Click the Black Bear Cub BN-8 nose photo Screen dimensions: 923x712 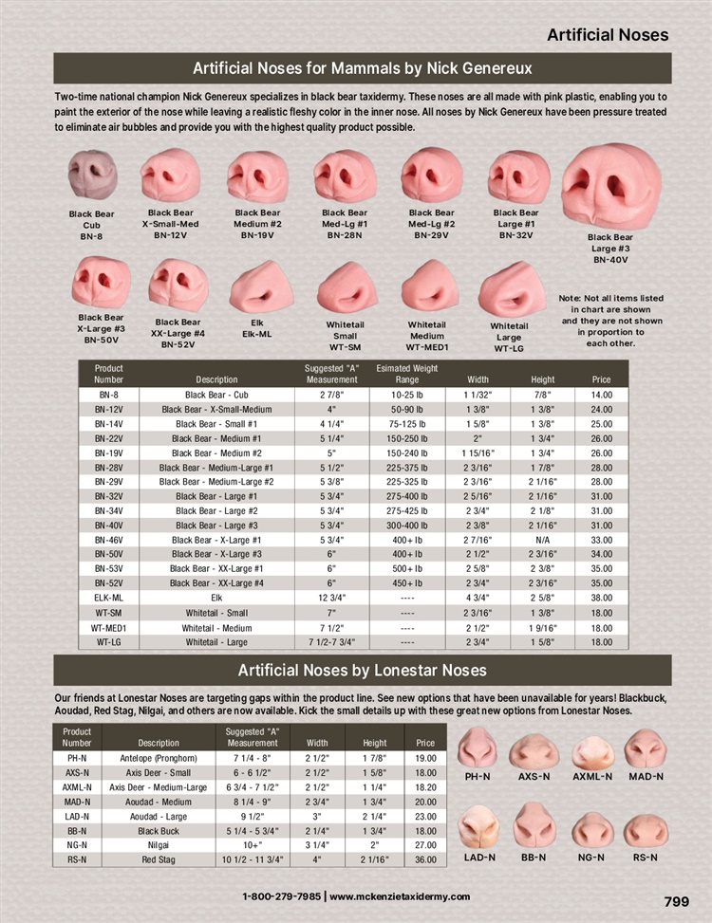(92, 174)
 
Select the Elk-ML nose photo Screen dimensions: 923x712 (257, 286)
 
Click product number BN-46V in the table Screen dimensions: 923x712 (108, 540)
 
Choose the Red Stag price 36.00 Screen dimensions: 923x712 (425, 859)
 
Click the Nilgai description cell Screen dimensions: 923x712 (159, 845)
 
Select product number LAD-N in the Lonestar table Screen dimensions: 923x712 (77, 816)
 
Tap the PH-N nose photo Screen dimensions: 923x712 (478, 749)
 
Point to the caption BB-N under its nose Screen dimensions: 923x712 (534, 857)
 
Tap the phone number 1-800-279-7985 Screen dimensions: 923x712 (281, 896)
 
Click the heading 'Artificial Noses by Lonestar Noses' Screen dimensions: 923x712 (362, 671)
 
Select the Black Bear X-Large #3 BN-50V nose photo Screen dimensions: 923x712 (101, 283)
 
